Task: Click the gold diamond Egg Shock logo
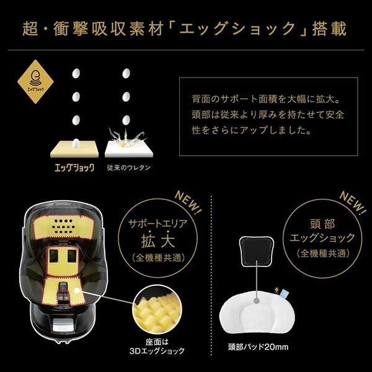35,82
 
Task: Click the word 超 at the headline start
30,29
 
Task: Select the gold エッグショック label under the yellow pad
74,167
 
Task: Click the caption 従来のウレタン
128,168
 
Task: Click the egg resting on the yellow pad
76,143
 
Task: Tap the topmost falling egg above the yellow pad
76,73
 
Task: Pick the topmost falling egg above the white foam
126,73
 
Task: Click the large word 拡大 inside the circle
158,241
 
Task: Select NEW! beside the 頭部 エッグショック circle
353,202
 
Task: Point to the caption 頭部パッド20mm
259,347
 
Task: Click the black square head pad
257,252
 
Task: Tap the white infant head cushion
257,311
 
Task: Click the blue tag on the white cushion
283,293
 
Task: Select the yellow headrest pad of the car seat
63,226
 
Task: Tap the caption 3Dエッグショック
157,351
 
